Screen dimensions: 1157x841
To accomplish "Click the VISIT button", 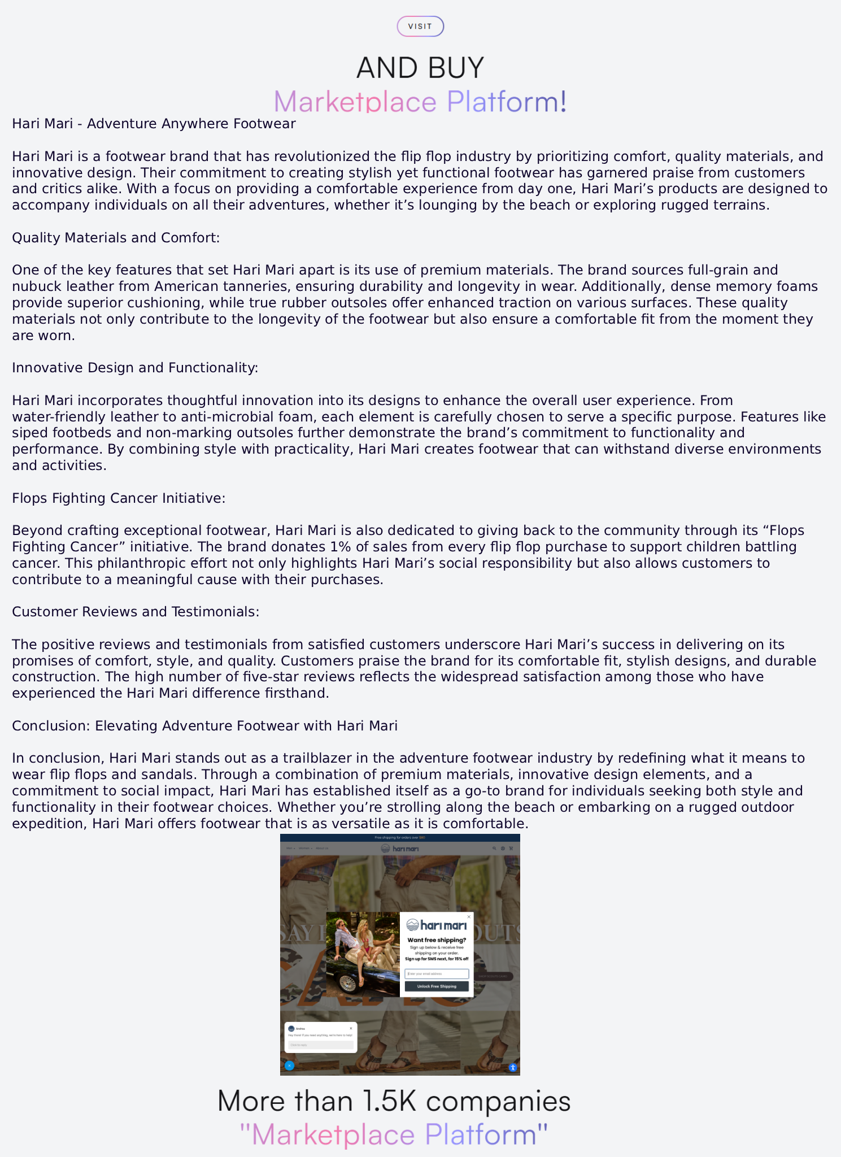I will point(420,27).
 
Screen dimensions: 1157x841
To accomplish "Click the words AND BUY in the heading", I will point(420,68).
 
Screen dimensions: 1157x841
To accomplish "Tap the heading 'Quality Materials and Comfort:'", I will point(116,237).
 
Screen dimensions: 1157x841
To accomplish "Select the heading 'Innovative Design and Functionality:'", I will point(135,368).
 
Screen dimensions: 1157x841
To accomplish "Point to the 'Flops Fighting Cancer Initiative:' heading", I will point(119,498).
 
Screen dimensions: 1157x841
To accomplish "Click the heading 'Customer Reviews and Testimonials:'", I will point(136,612).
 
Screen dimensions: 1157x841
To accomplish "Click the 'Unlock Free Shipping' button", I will point(437,986).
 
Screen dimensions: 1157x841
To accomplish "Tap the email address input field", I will point(437,974).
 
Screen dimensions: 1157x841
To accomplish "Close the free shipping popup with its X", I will point(469,917).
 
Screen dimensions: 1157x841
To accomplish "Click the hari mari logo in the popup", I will point(437,925).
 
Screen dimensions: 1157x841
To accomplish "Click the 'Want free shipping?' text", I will point(437,940).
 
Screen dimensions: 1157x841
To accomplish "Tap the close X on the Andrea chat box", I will point(351,1028).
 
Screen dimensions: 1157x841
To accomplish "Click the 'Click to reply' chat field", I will point(320,1045).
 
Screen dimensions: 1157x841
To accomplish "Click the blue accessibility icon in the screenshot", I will point(513,1067).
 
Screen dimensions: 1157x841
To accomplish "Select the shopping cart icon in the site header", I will point(511,848).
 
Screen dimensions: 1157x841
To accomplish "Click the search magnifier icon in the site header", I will point(494,848).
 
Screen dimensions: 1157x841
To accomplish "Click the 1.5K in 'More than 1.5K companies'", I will point(390,1101).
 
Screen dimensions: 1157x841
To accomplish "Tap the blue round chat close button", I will point(289,1065).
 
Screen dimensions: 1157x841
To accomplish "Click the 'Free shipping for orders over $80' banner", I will point(400,838).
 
